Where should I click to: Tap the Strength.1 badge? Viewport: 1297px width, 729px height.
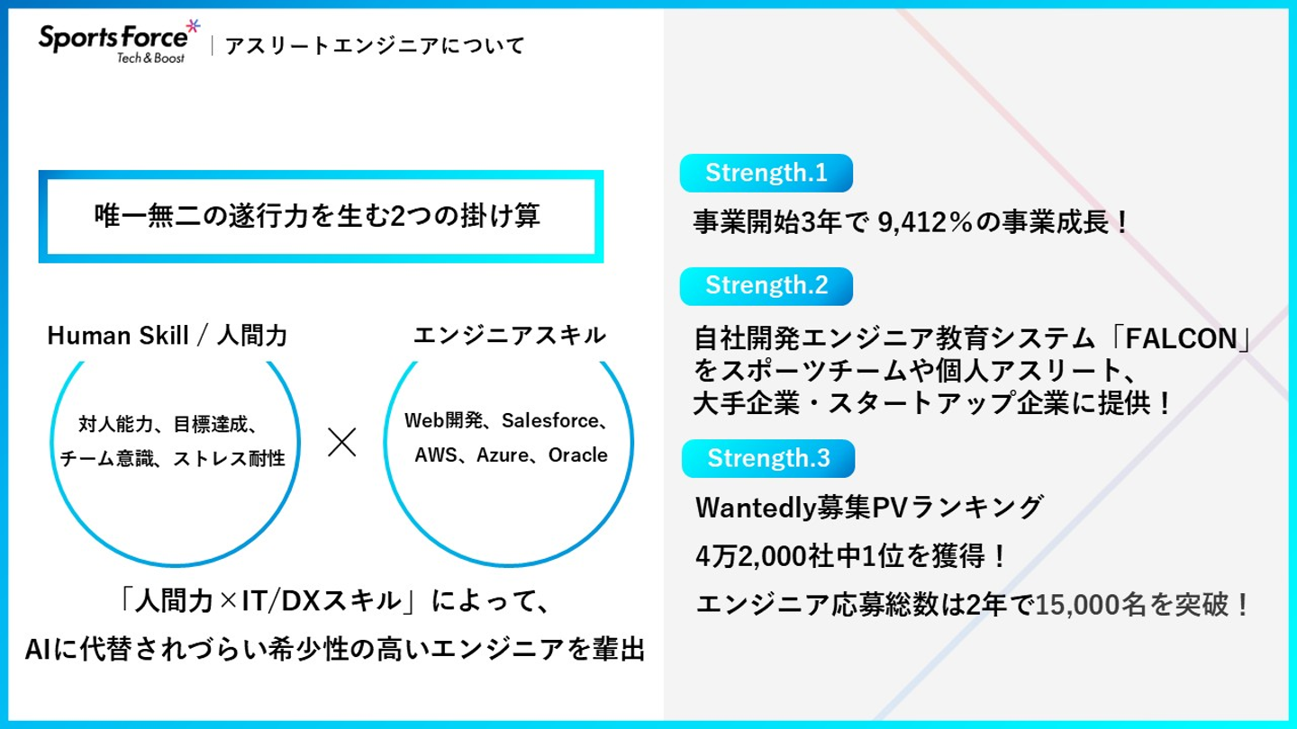(x=766, y=174)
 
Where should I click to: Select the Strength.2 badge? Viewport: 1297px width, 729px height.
(x=766, y=285)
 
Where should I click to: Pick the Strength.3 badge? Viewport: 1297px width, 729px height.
(x=767, y=458)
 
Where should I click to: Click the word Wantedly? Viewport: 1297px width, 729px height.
(x=756, y=508)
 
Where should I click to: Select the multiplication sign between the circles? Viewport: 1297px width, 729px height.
(x=342, y=442)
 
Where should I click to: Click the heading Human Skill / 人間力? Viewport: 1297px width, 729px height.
(x=168, y=337)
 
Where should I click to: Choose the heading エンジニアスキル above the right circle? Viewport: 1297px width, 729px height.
(x=510, y=337)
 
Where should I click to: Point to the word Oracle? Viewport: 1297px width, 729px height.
(x=577, y=455)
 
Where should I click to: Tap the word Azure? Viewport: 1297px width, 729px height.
(x=503, y=455)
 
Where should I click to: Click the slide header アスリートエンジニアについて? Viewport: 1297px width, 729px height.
(x=374, y=45)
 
